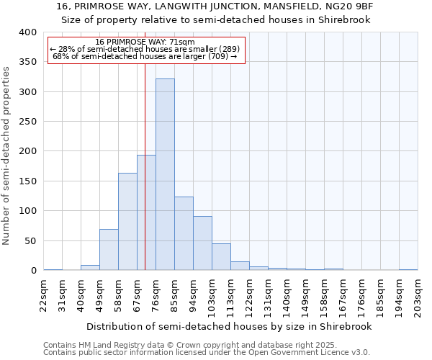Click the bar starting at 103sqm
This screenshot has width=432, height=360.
tap(221, 257)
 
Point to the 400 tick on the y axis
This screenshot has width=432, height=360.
tap(28, 32)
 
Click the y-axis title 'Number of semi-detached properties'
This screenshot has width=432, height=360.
tap(6, 156)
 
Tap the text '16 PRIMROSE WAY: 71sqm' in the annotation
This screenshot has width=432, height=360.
tap(145, 42)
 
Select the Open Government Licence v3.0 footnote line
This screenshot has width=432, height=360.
tap(206, 352)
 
